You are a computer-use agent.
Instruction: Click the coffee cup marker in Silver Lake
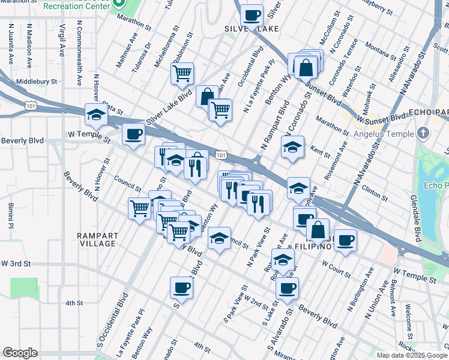pyautogui.click(x=252, y=15)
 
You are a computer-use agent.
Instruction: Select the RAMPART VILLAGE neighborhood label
pyautogui.click(x=97, y=239)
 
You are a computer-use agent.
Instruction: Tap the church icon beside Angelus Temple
pyautogui.click(x=423, y=133)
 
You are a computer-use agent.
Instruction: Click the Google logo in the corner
pyautogui.click(x=20, y=352)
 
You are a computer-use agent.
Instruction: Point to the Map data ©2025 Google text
pyautogui.click(x=411, y=355)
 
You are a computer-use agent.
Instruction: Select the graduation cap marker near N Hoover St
pyautogui.click(x=96, y=114)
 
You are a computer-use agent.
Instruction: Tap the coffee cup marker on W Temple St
pyautogui.click(x=133, y=134)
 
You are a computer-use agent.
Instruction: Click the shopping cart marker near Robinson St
pyautogui.click(x=182, y=74)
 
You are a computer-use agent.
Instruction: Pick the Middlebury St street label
pyautogui.click(x=37, y=81)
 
